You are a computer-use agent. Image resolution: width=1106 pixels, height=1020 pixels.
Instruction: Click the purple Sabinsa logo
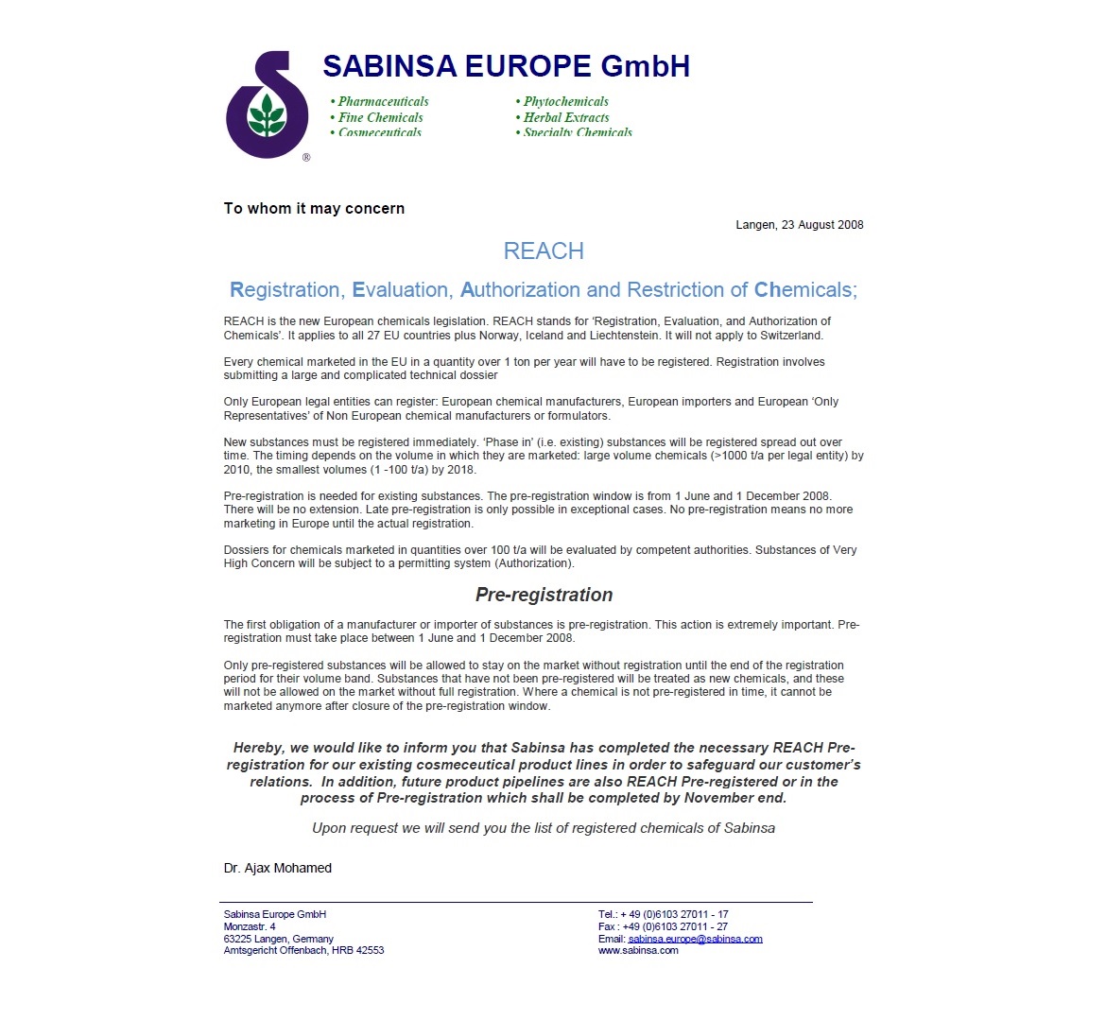pyautogui.click(x=267, y=106)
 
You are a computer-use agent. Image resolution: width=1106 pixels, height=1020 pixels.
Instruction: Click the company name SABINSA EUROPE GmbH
pyautogui.click(x=506, y=66)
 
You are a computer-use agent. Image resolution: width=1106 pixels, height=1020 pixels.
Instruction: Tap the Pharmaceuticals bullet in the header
pyautogui.click(x=379, y=101)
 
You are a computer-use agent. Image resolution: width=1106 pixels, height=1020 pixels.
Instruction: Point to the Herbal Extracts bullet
pyautogui.click(x=562, y=117)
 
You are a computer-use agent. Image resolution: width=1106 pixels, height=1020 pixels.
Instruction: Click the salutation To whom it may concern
pyautogui.click(x=314, y=208)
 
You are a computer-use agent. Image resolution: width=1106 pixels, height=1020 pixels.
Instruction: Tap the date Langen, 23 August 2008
pyautogui.click(x=799, y=225)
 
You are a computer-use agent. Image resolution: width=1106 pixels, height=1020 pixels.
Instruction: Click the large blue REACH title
pyautogui.click(x=544, y=251)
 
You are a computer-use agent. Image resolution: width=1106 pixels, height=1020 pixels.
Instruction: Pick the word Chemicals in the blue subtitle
pyautogui.click(x=803, y=290)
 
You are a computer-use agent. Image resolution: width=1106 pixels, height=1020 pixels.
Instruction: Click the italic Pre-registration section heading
pyautogui.click(x=544, y=595)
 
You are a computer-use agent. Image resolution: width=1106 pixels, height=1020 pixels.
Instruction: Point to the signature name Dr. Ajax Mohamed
pyautogui.click(x=278, y=868)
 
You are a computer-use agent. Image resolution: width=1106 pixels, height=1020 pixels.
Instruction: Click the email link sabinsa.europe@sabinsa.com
pyautogui.click(x=695, y=939)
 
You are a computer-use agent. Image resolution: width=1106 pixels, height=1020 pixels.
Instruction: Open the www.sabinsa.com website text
pyautogui.click(x=638, y=950)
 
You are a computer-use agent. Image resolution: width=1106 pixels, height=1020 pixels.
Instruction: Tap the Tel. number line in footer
pyautogui.click(x=663, y=914)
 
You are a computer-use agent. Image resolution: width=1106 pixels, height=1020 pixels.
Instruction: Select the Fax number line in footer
pyautogui.click(x=663, y=926)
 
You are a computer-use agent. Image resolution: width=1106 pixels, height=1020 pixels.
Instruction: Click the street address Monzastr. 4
pyautogui.click(x=250, y=926)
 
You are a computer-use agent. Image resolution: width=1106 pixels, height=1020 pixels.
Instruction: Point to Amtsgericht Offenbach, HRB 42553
pyautogui.click(x=303, y=950)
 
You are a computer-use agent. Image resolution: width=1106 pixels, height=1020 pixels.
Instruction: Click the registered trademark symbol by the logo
pyautogui.click(x=306, y=158)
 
